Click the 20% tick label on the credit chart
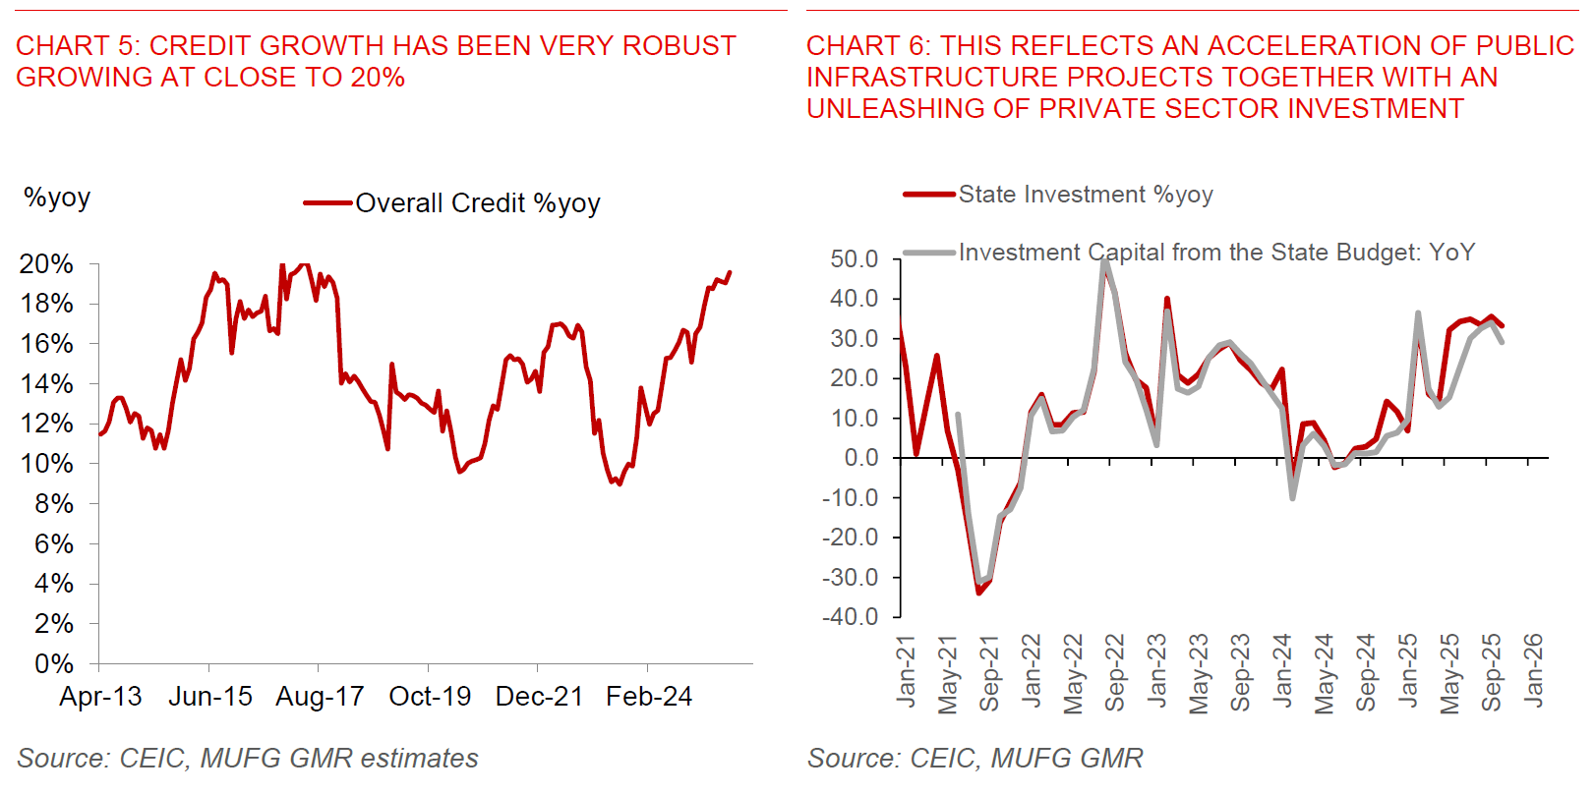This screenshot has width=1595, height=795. pyautogui.click(x=46, y=264)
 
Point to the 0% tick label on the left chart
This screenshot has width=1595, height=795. pyautogui.click(x=53, y=664)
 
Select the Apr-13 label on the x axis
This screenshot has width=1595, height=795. pyautogui.click(x=100, y=697)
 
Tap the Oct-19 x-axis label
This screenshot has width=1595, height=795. pyautogui.click(x=430, y=697)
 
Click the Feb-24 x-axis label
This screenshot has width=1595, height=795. pyautogui.click(x=649, y=697)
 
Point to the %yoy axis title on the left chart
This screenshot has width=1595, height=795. pyautogui.click(x=57, y=198)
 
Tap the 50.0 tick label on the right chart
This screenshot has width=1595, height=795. pyautogui.click(x=854, y=259)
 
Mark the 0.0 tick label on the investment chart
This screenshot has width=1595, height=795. pyautogui.click(x=860, y=458)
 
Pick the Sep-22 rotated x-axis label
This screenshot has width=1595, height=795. pyautogui.click(x=1114, y=672)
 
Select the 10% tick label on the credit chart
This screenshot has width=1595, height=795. pyautogui.click(x=46, y=464)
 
